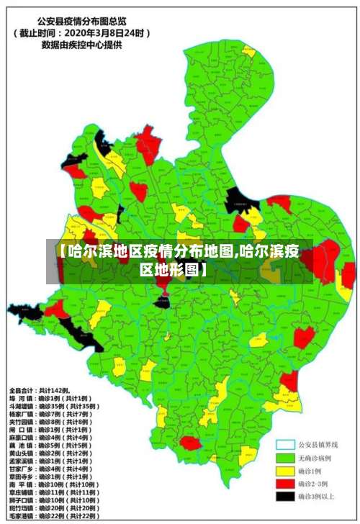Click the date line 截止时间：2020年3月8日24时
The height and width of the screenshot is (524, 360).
pyautogui.click(x=81, y=32)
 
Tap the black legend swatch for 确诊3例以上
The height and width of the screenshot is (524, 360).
pyautogui.click(x=287, y=495)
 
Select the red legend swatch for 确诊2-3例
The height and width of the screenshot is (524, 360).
pyautogui.click(x=287, y=483)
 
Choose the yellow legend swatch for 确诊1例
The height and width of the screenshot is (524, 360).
pyautogui.click(x=287, y=470)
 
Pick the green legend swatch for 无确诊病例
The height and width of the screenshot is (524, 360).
pyautogui.click(x=287, y=458)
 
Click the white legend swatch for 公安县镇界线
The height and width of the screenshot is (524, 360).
pyautogui.click(x=287, y=445)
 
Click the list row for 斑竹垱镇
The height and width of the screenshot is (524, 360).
pyautogui.click(x=57, y=508)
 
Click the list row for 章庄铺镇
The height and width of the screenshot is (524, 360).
pyautogui.click(x=57, y=492)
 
